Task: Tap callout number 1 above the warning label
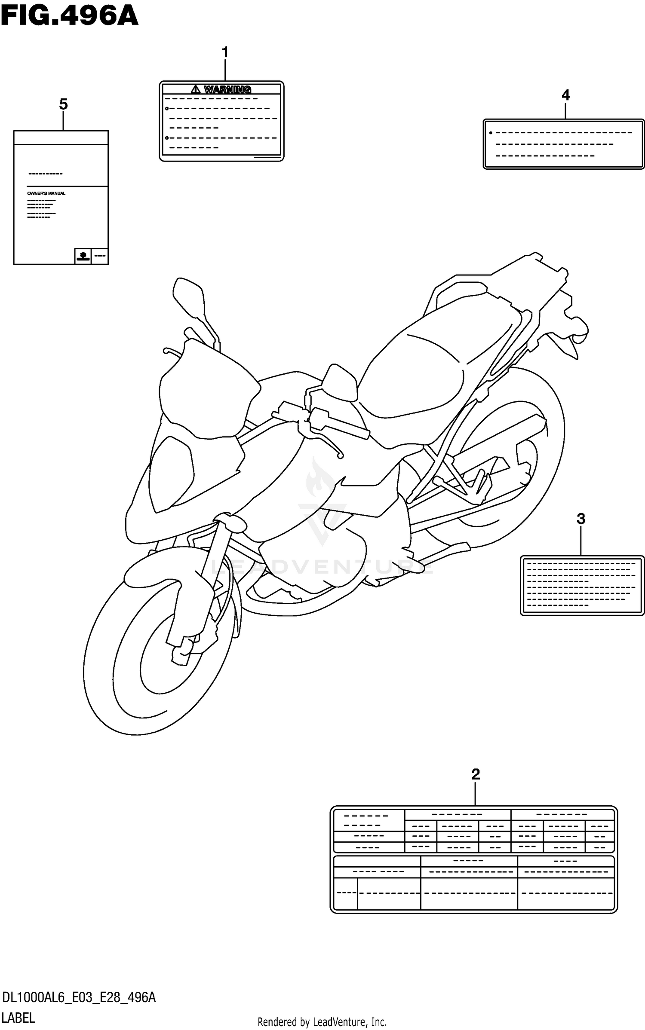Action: pos(224,52)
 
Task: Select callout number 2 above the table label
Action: pos(475,774)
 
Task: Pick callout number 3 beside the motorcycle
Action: pos(580,519)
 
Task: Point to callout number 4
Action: pos(565,95)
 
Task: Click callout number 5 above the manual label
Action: pos(63,104)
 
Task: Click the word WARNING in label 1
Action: pos(227,89)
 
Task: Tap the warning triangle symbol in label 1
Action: pos(196,89)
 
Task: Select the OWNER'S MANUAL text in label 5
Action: pos(46,193)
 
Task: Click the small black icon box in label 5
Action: pos(83,256)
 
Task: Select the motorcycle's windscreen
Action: pos(206,387)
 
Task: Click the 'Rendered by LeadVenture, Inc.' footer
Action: pos(322,1022)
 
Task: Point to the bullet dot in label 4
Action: pos(491,133)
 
